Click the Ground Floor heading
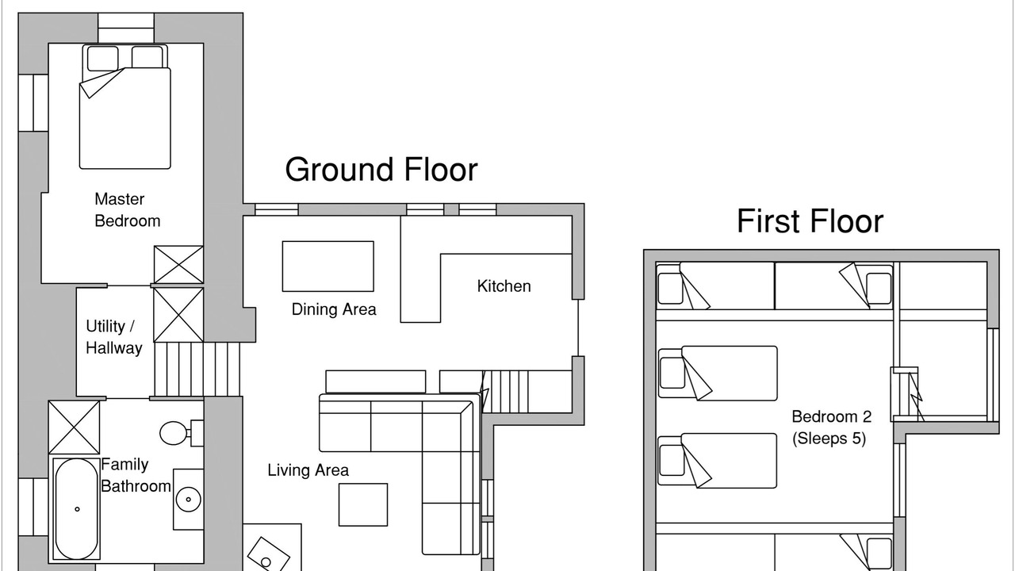[x=381, y=170]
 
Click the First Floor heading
[x=810, y=221]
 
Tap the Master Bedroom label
[x=128, y=210]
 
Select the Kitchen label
[x=504, y=286]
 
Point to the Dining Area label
[x=334, y=309]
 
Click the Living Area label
[x=308, y=470]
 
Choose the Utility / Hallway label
[x=113, y=337]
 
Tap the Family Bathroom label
[x=136, y=475]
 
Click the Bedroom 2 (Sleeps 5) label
[x=832, y=427]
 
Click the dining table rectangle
[x=328, y=266]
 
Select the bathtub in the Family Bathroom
[x=77, y=509]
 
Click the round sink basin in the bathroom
[x=188, y=500]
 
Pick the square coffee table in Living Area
[x=363, y=505]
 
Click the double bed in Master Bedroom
[x=125, y=106]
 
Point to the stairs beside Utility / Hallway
[x=197, y=370]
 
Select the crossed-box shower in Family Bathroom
[x=74, y=427]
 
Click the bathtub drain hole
[x=77, y=509]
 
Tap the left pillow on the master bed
[x=103, y=59]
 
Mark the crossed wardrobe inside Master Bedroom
[x=178, y=265]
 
